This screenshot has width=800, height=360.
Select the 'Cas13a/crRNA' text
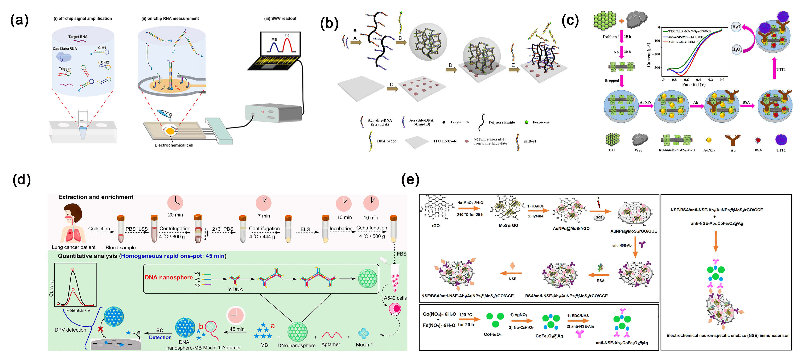pyautogui.click(x=65, y=49)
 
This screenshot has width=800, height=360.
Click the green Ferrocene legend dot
pyautogui.click(x=526, y=122)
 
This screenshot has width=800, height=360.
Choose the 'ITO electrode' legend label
pyautogui.click(x=445, y=141)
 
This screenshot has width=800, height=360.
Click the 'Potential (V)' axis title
pyautogui.click(x=694, y=84)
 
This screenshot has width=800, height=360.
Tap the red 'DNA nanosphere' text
pyautogui.click(x=168, y=277)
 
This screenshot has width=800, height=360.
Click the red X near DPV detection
pyautogui.click(x=100, y=329)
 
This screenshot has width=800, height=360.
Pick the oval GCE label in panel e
pyautogui.click(x=599, y=218)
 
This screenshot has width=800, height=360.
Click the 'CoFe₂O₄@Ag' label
pyautogui.click(x=549, y=336)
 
